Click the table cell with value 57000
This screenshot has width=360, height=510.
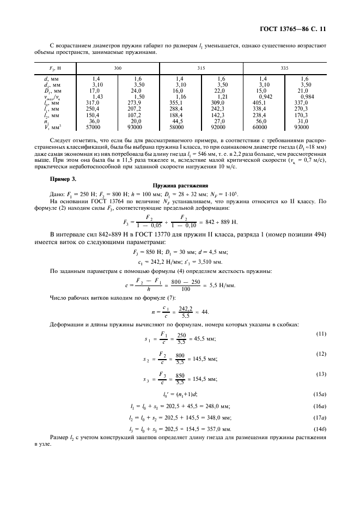(x=96, y=127)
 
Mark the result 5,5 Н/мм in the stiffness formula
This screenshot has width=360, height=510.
(x=219, y=286)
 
